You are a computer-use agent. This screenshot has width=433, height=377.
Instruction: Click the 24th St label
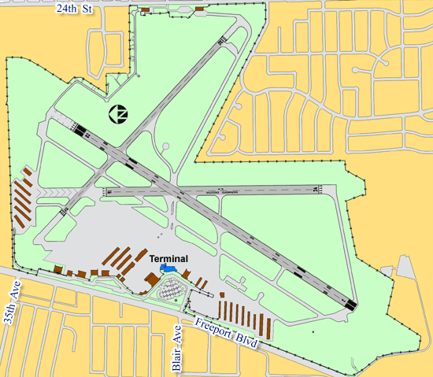pyautogui.click(x=73, y=7)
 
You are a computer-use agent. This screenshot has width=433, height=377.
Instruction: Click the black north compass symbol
pyautogui.click(x=119, y=115)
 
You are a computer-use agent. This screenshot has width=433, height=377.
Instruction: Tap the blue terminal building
pyautogui.click(x=167, y=268)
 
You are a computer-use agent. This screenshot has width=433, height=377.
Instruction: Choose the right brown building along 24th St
pyautogui.click(x=198, y=9)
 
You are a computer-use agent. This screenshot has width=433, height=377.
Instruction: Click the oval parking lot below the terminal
pyautogui.click(x=169, y=293)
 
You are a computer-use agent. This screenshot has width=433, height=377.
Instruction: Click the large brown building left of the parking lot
pyautogui.click(x=150, y=281)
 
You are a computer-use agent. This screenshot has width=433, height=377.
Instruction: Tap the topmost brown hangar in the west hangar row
pyautogui.click(x=27, y=172)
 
